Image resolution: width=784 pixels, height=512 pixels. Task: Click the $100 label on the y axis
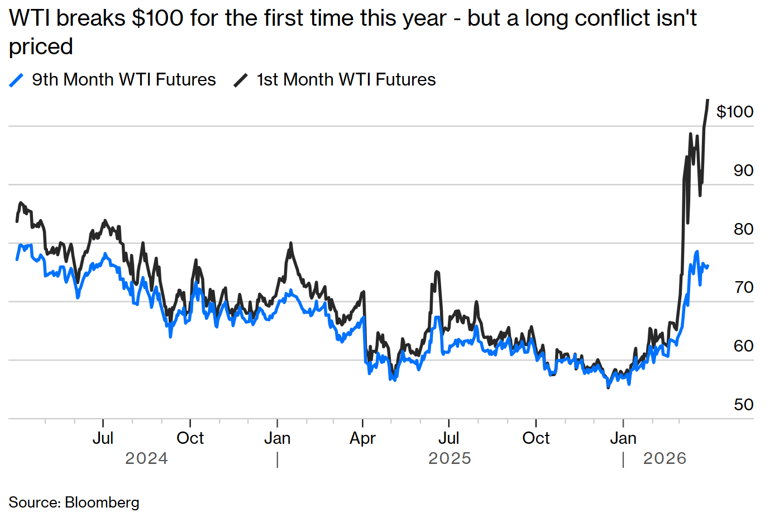(x=734, y=112)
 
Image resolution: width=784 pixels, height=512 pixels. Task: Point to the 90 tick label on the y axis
(x=743, y=170)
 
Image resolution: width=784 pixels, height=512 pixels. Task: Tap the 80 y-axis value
(x=743, y=229)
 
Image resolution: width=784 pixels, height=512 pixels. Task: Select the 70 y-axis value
(x=743, y=287)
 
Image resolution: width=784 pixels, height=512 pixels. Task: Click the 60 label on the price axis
(x=743, y=346)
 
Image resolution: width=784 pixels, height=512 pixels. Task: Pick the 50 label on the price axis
(x=743, y=405)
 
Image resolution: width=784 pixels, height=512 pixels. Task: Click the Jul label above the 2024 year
(x=103, y=438)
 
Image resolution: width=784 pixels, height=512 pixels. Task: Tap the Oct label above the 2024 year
(x=190, y=438)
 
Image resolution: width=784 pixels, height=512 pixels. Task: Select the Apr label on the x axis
(x=362, y=438)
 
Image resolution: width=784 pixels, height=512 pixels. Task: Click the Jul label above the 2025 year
(x=448, y=438)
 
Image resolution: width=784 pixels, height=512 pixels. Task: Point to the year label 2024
(x=146, y=459)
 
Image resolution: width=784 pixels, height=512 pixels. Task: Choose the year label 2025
(x=450, y=459)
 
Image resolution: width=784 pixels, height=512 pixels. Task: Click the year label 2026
(x=665, y=459)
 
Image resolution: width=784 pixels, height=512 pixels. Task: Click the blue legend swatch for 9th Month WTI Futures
(x=17, y=80)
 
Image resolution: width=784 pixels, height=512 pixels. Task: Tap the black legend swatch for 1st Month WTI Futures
(x=241, y=80)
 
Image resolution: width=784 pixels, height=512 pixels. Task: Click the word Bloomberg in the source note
(x=102, y=502)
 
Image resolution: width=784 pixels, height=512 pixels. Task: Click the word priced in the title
(x=41, y=46)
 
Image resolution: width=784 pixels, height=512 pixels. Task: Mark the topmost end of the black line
(x=707, y=100)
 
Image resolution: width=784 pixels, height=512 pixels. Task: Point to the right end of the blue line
(x=707, y=266)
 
